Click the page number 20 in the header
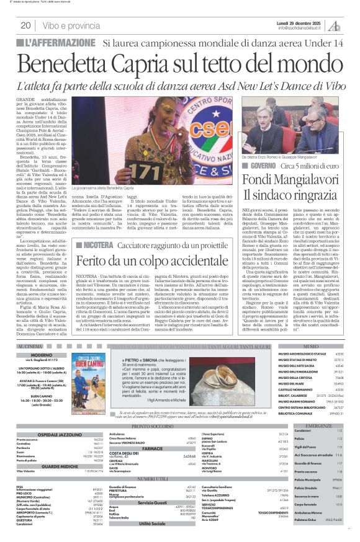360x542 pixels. pos(26,25)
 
